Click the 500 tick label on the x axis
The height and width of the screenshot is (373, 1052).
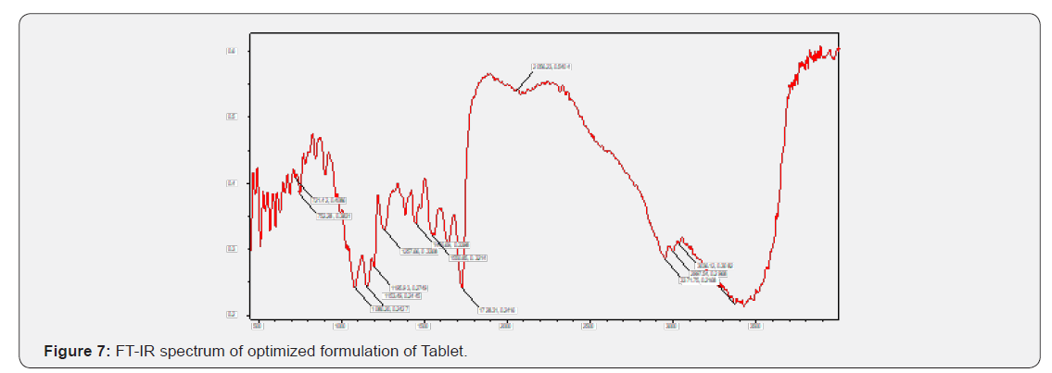(259, 325)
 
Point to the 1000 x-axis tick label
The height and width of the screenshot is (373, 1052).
(341, 325)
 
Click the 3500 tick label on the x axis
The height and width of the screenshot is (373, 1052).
(754, 325)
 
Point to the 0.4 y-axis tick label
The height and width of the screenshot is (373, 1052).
(232, 183)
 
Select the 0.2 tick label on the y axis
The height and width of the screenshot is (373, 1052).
(232, 315)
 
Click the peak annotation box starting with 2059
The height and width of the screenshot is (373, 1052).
(551, 67)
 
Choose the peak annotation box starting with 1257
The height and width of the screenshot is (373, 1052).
(419, 250)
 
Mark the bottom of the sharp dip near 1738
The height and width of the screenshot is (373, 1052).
(463, 289)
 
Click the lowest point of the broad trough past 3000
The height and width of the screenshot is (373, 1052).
(741, 304)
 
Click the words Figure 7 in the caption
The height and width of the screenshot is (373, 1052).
(78, 352)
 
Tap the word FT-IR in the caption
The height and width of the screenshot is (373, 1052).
(133, 352)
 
